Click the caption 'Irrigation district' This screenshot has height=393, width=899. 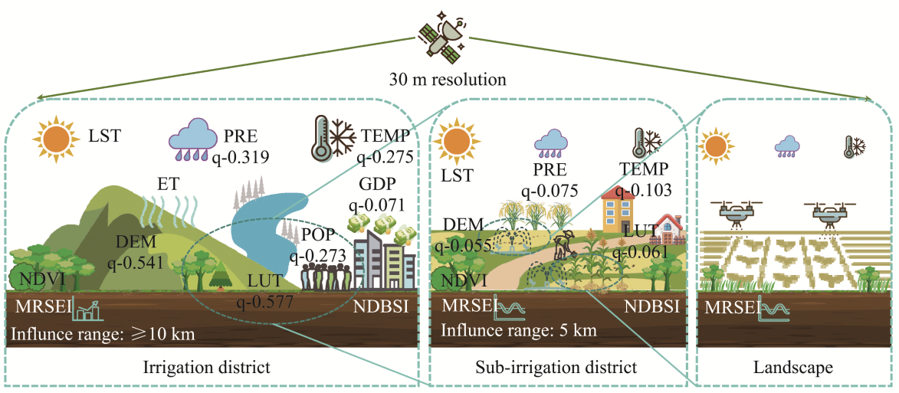(207, 367)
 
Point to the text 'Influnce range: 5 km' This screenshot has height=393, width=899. (518, 331)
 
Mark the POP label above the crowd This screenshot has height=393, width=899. (316, 234)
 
